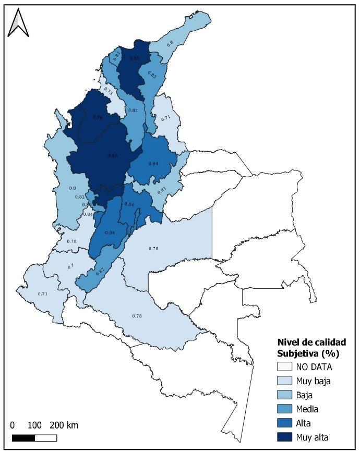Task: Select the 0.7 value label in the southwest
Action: pos(70,266)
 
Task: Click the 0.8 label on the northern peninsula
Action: pos(170,44)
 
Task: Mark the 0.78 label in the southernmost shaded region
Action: pos(137,316)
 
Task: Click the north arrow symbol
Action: pos(18,22)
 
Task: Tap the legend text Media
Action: pos(308,409)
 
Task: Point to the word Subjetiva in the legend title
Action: pos(296,353)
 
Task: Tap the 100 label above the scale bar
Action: pos(34,425)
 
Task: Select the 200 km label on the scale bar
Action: pos(64,425)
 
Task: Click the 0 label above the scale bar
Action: pos(13,425)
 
